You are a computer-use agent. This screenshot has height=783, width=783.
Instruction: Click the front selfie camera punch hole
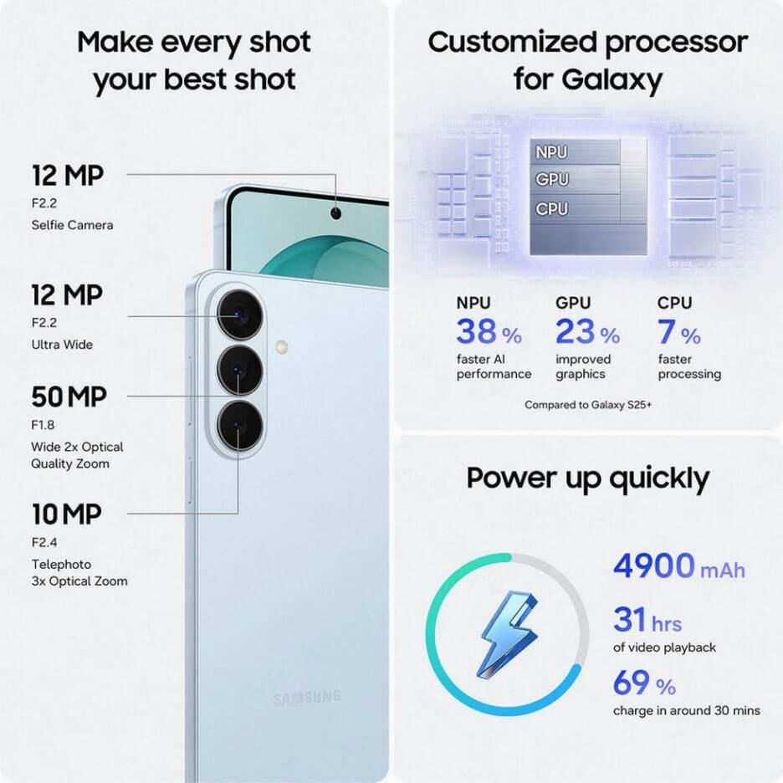(x=336, y=213)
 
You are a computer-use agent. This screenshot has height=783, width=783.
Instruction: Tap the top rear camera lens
(x=240, y=315)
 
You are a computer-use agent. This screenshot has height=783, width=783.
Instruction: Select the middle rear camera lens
(x=240, y=371)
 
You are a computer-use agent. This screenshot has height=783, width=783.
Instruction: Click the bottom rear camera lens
(x=240, y=426)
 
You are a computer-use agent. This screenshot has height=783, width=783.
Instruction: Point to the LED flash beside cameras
(x=282, y=347)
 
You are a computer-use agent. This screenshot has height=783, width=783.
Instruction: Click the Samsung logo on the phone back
(x=307, y=698)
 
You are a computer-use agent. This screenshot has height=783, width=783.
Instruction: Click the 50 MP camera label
(x=69, y=397)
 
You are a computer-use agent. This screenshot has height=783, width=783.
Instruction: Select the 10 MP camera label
(x=67, y=514)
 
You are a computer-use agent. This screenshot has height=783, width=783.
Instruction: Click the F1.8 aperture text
(x=43, y=425)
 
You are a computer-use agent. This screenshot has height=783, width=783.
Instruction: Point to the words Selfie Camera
(x=73, y=225)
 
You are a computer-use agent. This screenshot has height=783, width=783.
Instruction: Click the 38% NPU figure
(x=489, y=332)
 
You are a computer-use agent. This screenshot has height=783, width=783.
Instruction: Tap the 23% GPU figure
(x=588, y=332)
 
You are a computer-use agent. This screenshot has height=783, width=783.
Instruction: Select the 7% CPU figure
(x=679, y=332)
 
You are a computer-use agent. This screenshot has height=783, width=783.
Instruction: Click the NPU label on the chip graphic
(x=551, y=152)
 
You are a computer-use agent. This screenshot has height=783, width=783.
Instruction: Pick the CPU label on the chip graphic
(x=552, y=209)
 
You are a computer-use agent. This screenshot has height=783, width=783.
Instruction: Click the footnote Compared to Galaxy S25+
(x=588, y=405)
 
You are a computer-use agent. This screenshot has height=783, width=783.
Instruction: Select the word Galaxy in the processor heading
(x=612, y=80)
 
